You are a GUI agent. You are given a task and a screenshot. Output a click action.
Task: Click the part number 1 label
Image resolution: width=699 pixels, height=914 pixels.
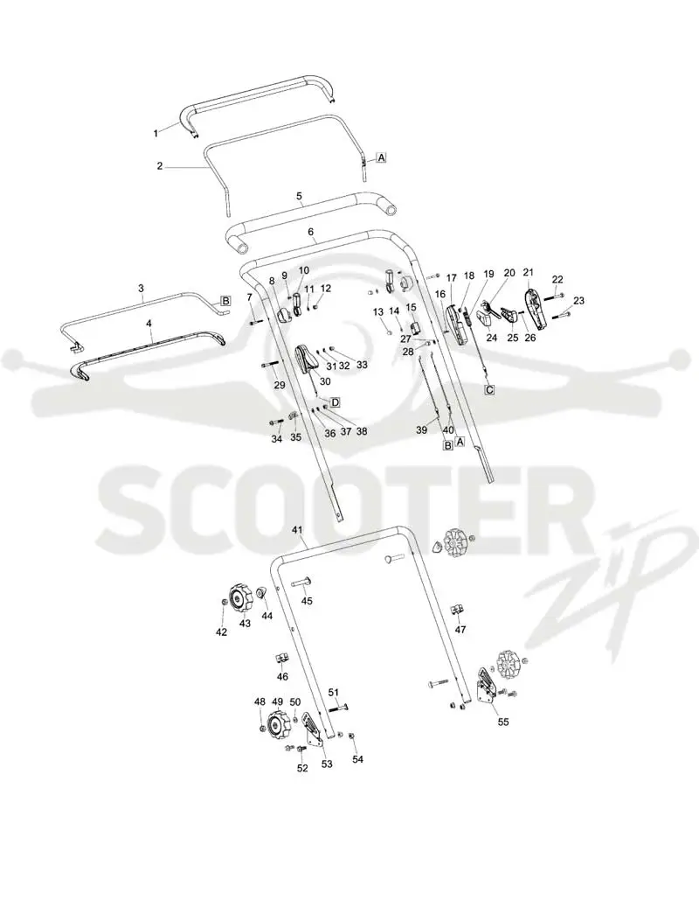[x=156, y=134]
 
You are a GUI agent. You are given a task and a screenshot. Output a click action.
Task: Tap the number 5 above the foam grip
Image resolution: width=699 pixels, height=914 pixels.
[x=300, y=197]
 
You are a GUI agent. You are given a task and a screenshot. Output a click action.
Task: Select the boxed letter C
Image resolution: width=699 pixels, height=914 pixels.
[x=489, y=390]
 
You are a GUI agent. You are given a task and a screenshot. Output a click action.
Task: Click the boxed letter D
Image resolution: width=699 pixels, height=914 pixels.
[x=335, y=402]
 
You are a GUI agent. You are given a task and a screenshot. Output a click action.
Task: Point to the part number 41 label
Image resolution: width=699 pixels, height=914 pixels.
[x=298, y=530]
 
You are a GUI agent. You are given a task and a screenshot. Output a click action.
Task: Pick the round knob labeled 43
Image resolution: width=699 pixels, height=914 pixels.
[x=240, y=598]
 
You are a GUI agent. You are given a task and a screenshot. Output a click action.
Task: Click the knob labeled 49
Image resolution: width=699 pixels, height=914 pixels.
[x=276, y=724]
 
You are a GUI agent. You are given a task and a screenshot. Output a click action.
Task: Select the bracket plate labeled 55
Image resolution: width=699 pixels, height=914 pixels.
[x=487, y=687]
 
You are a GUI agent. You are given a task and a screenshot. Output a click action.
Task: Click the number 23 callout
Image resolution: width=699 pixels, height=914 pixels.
[x=578, y=301]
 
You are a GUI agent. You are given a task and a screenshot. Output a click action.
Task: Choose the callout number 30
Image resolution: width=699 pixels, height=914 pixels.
[x=325, y=381]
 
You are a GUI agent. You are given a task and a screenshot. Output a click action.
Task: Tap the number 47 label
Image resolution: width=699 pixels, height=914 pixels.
[x=460, y=630]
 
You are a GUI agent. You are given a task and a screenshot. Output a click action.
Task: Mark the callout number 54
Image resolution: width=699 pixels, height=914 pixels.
[x=357, y=759]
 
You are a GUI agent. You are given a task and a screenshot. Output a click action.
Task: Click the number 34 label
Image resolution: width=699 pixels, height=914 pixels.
[x=277, y=438]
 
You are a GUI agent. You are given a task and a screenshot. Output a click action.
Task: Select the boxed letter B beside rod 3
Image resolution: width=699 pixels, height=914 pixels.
[x=225, y=301]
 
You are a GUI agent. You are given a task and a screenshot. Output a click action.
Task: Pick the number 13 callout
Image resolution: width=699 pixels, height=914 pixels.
[x=378, y=312]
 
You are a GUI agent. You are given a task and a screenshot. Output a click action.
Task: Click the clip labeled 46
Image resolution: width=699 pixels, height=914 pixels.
[x=281, y=658]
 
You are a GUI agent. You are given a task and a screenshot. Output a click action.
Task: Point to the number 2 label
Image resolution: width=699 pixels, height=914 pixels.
[x=160, y=166]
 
